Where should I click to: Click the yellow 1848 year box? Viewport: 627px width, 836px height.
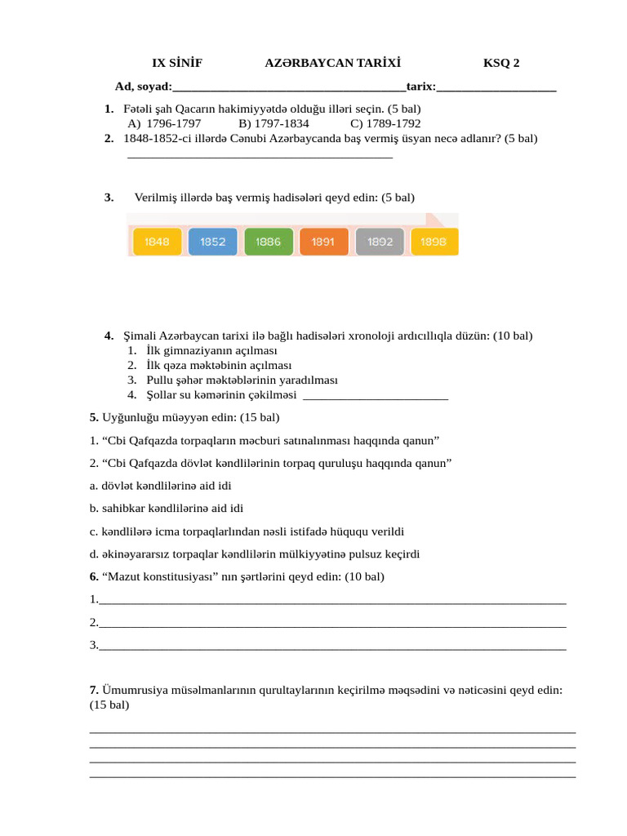(157, 242)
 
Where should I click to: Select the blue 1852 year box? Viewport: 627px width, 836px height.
(212, 242)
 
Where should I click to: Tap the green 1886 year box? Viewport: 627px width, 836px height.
(268, 242)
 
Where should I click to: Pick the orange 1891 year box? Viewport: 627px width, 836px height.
(324, 242)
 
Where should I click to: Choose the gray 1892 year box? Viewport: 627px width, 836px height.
(380, 242)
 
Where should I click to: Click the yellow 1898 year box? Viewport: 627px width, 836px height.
(434, 242)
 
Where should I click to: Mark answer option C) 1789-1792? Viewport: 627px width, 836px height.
(385, 123)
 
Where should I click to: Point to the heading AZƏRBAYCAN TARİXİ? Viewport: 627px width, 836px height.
(332, 63)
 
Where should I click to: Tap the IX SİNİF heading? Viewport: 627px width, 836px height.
(177, 63)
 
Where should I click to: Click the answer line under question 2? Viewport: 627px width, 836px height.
(260, 156)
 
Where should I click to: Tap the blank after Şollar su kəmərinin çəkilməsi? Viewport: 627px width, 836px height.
(375, 398)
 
